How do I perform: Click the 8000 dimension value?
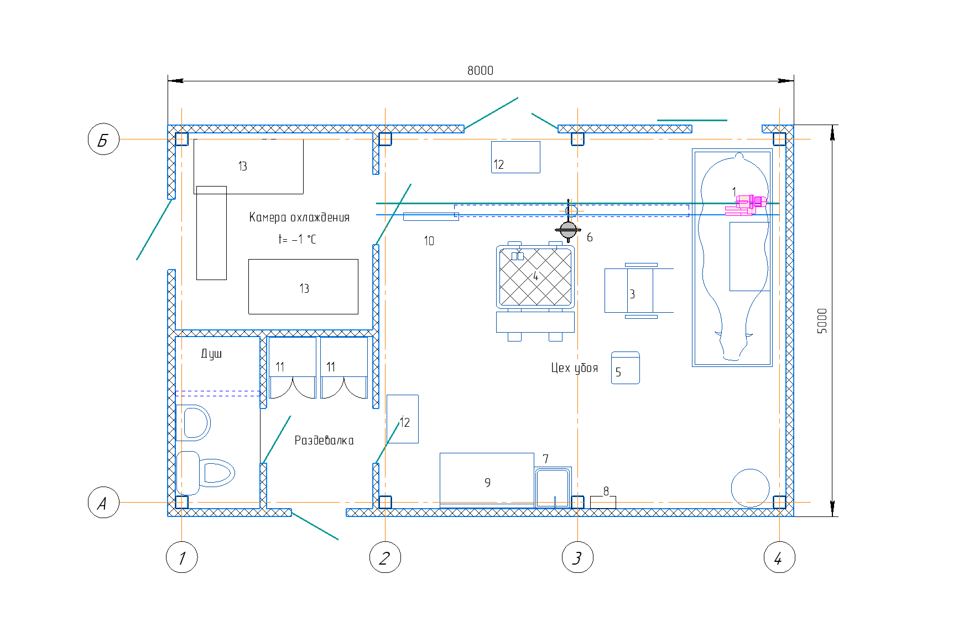point(480,70)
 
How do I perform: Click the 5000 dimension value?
point(822,321)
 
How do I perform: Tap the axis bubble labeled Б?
point(103,139)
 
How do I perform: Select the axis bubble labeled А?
point(103,503)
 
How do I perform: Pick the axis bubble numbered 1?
point(182,557)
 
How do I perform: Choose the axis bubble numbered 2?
point(385,557)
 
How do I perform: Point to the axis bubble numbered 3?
point(577,557)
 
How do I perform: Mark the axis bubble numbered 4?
point(779,557)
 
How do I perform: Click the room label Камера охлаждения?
point(299,217)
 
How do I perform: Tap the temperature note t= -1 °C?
point(297,239)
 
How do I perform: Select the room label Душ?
point(211,354)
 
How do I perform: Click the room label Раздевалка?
point(324,440)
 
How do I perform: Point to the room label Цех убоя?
point(575,368)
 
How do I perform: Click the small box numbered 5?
point(626,368)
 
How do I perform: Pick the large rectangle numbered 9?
point(487,480)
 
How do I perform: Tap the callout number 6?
point(590,237)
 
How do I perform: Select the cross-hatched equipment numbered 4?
point(535,277)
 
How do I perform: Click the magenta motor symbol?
point(747,205)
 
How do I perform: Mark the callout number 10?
point(429,241)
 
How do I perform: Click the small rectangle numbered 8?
point(603,502)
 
